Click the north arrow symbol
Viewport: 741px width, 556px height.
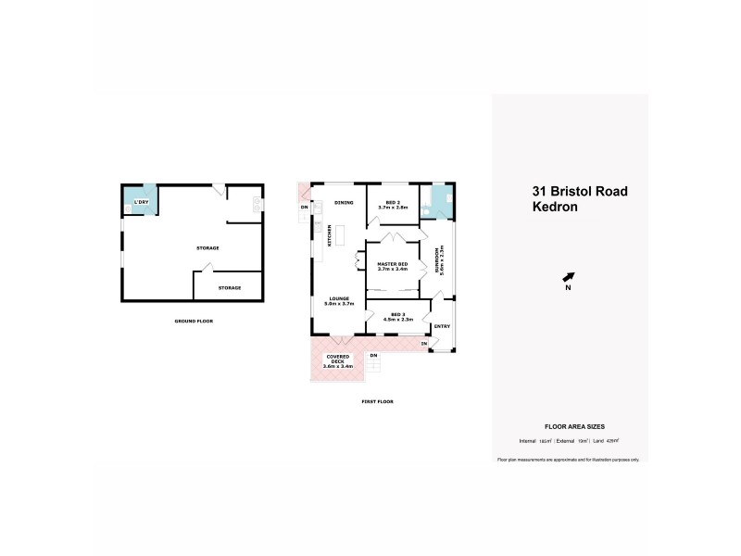click(x=569, y=276)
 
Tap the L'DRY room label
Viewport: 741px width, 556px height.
click(x=142, y=202)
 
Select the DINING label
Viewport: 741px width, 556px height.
click(x=344, y=202)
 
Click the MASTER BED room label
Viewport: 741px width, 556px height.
click(x=393, y=265)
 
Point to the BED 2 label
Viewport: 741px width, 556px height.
click(x=393, y=202)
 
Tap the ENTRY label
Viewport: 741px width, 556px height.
click(x=442, y=325)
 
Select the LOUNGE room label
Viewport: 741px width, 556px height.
click(x=338, y=298)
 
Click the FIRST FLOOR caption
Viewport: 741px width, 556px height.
click(x=378, y=401)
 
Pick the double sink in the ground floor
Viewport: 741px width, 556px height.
click(x=256, y=203)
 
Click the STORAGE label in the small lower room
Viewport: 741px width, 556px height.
click(x=229, y=287)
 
